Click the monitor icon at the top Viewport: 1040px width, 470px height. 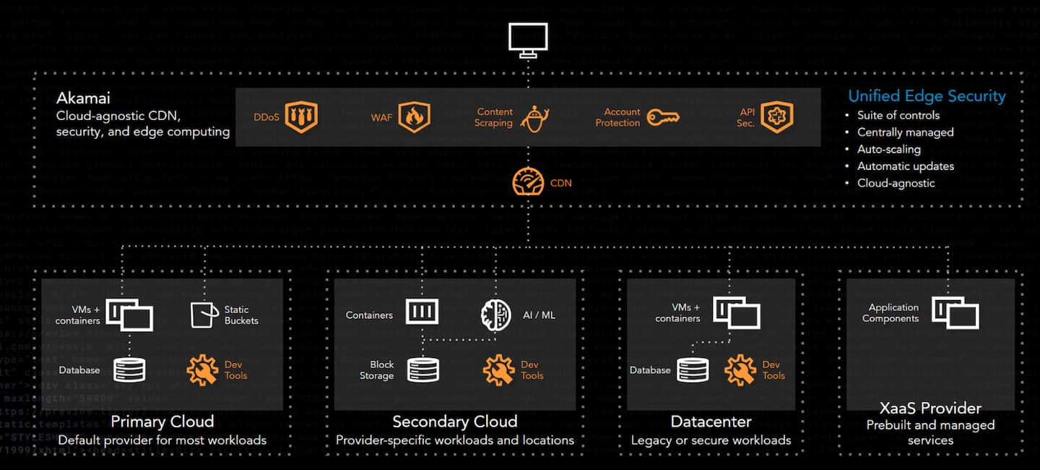(528, 39)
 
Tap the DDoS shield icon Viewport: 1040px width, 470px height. (301, 117)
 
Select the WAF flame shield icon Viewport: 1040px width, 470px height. (414, 117)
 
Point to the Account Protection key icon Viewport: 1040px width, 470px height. (662, 117)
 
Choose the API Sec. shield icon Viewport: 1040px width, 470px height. (776, 117)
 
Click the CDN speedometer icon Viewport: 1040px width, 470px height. (528, 182)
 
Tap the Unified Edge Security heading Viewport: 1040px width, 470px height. (927, 95)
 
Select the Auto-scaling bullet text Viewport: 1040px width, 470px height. (888, 149)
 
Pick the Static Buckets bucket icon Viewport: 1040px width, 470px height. (204, 315)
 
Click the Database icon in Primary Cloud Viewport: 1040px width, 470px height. (130, 369)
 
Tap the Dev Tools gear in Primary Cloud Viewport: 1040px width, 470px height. (202, 369)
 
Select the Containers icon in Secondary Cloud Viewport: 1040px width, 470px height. (422, 312)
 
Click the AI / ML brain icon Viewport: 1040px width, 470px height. (496, 315)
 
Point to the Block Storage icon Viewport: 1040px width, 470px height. (422, 369)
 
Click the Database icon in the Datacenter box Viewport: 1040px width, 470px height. (693, 369)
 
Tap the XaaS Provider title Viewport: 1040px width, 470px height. (930, 408)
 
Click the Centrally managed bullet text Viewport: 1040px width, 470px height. (905, 132)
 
